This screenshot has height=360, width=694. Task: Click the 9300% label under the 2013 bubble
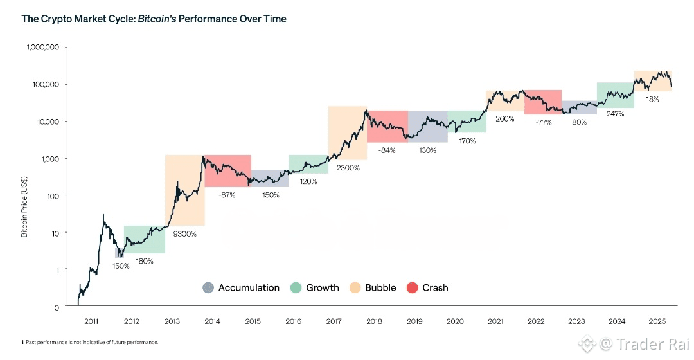click(x=184, y=234)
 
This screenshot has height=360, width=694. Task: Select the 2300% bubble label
click(x=348, y=168)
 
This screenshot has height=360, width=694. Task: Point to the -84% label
click(x=387, y=150)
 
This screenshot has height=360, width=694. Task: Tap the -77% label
click(x=544, y=122)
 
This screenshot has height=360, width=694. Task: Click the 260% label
click(x=505, y=118)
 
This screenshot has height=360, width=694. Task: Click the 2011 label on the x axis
click(x=91, y=321)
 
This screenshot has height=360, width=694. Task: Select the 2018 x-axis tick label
click(x=374, y=321)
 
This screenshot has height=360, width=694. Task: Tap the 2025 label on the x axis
click(x=657, y=321)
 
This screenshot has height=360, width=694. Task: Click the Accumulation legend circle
click(x=208, y=288)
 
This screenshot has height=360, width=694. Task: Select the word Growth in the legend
click(x=323, y=288)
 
